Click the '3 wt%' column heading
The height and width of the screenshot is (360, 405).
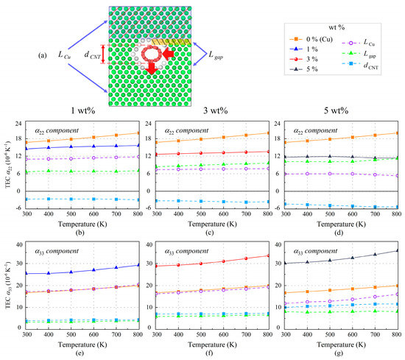(x=201, y=111)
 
